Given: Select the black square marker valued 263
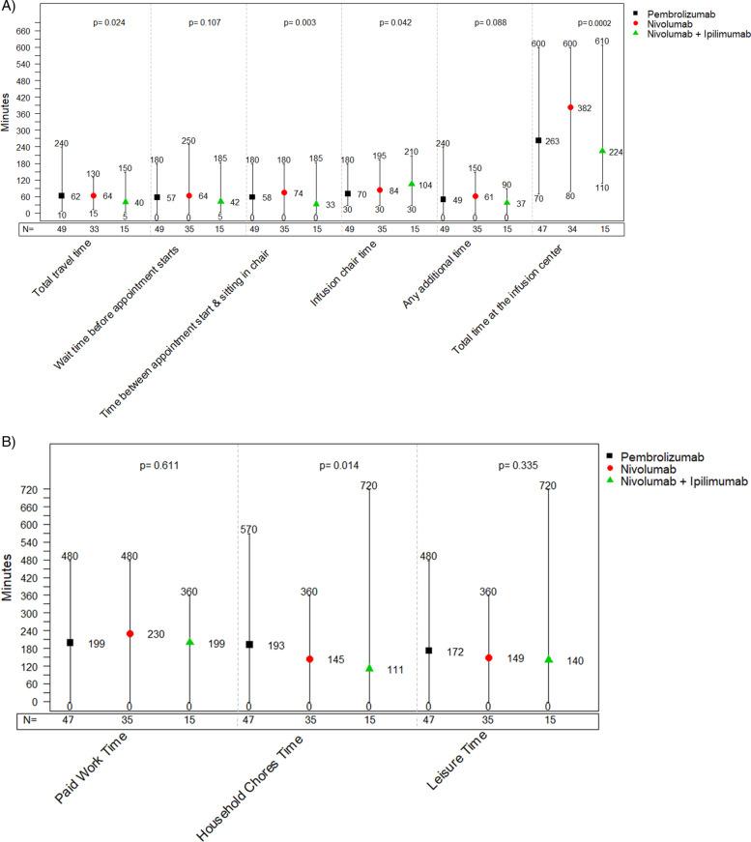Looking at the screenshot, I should [538, 140].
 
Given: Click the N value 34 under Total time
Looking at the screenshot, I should [570, 230].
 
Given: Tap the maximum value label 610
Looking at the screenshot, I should [602, 43].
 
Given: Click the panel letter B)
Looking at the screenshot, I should [9, 439].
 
